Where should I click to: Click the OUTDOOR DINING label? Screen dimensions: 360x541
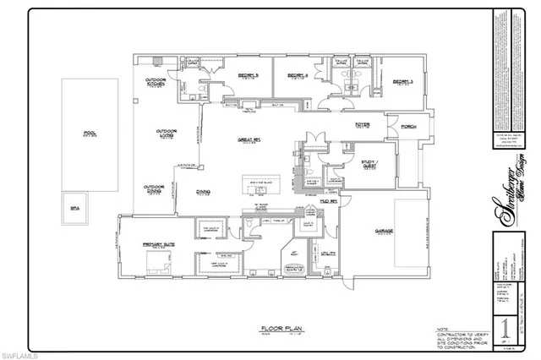point(153,188)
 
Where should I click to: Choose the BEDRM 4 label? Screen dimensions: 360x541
point(296,75)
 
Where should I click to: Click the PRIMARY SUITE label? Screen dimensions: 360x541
point(158,245)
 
